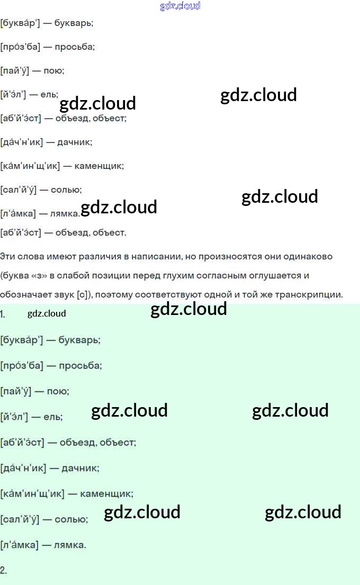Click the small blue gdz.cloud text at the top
(x=180, y=6)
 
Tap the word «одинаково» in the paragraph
(x=313, y=257)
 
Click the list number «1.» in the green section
(x=3, y=314)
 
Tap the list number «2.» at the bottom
(x=4, y=570)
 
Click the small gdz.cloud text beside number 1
(x=47, y=313)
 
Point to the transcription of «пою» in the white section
(x=14, y=71)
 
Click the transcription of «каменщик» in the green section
(x=32, y=494)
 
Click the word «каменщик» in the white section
(x=99, y=166)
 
